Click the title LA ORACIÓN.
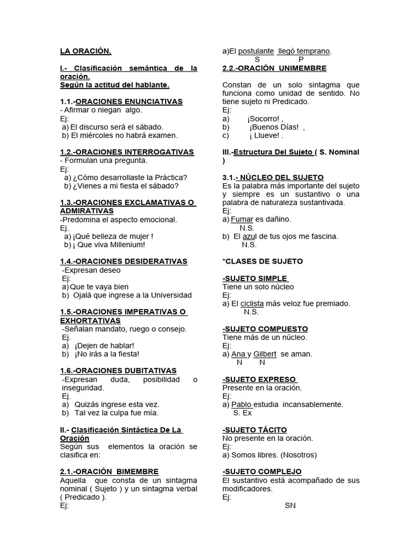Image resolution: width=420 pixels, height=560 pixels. click(x=85, y=51)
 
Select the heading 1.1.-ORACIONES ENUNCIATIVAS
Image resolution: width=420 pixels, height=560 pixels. click(x=121, y=102)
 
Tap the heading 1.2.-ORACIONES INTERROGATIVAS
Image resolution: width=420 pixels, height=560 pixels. click(x=127, y=152)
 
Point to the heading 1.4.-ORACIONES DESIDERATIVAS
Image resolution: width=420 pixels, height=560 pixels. click(x=124, y=261)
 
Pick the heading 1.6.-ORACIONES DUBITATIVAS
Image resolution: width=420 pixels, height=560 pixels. click(x=118, y=371)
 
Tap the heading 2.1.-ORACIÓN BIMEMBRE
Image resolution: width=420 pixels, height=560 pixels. click(x=109, y=471)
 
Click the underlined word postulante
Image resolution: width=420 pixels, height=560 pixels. click(x=256, y=51)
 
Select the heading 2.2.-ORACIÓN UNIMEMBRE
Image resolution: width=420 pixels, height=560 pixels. click(x=275, y=68)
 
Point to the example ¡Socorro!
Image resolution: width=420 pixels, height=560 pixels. click(x=265, y=119)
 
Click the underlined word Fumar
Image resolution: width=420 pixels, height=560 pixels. click(x=242, y=219)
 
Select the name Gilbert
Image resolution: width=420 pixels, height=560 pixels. click(x=265, y=354)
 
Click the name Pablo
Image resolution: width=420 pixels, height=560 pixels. click(x=241, y=405)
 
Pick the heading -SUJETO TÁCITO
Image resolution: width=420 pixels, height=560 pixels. click(x=255, y=430)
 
